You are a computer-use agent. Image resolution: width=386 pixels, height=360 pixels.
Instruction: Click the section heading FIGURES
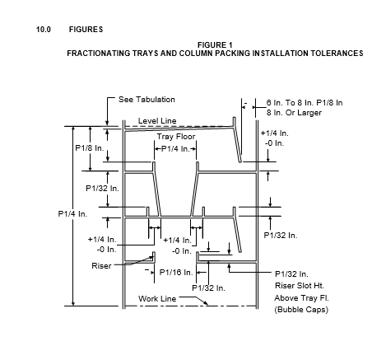[x=86, y=30]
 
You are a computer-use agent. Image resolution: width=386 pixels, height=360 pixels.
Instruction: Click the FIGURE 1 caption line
[x=215, y=44]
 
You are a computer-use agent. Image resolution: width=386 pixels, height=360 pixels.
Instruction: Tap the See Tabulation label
[x=146, y=100]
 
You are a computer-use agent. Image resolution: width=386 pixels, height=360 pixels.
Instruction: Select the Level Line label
[x=157, y=121]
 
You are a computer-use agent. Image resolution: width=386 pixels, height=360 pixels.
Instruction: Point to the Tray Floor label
[x=176, y=137]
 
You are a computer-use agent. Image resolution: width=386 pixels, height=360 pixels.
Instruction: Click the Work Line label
[x=157, y=298]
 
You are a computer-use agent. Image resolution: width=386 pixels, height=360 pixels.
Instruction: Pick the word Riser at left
[x=101, y=266]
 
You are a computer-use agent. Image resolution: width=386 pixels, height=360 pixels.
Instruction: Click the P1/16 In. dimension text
[x=176, y=273]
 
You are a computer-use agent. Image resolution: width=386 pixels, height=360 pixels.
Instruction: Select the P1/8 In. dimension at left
[x=90, y=148]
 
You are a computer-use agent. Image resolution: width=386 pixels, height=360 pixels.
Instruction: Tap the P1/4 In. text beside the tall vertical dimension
[x=72, y=214]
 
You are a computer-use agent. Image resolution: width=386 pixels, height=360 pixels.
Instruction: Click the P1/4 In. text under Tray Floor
[x=175, y=149]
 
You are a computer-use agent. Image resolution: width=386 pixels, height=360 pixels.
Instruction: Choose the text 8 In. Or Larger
[x=294, y=113]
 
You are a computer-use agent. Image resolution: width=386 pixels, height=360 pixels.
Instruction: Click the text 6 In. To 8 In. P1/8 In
[x=305, y=103]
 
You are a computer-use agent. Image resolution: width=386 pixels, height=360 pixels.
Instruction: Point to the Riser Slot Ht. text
[x=300, y=286]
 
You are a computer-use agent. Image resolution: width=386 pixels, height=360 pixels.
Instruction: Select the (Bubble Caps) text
[x=301, y=310]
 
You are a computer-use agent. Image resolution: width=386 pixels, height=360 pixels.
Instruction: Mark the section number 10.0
[x=44, y=30]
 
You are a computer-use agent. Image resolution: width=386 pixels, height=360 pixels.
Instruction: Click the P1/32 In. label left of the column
[x=102, y=189]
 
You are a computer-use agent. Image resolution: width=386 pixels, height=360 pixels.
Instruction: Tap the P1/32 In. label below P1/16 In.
[x=208, y=288]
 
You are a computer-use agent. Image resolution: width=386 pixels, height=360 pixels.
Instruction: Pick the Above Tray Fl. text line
[x=301, y=298]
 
